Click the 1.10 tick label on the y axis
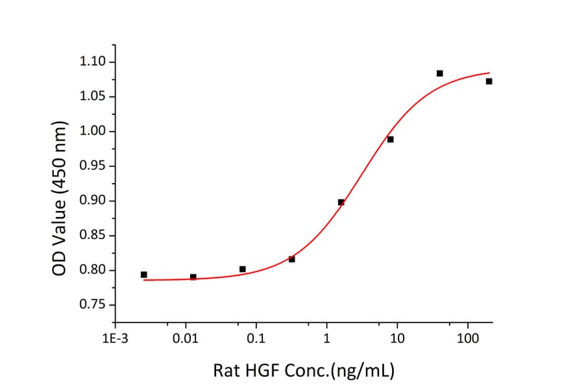(93, 62)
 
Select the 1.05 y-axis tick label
(93, 97)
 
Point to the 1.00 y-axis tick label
(93, 132)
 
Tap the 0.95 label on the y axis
(93, 166)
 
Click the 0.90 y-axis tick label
(93, 201)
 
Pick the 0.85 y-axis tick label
(93, 236)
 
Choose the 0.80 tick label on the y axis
(93, 270)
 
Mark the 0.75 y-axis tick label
(93, 305)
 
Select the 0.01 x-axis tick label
(186, 339)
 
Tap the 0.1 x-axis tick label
(257, 339)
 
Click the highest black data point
(439, 73)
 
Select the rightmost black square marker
(489, 81)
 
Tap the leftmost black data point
(144, 275)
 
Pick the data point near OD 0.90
(341, 202)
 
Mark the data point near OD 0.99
(390, 139)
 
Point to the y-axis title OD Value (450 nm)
(59, 197)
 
